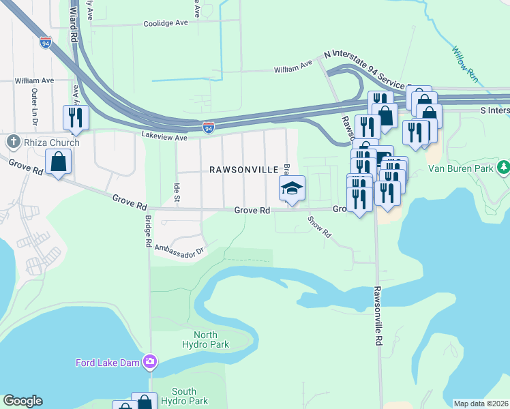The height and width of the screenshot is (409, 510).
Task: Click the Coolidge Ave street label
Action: pyautogui.click(x=165, y=23)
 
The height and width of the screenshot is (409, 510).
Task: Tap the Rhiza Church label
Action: pyautogui.click(x=51, y=142)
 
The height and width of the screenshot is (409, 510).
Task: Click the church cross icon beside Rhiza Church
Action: pyautogui.click(x=13, y=142)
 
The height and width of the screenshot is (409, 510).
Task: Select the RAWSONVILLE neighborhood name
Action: pyautogui.click(x=243, y=169)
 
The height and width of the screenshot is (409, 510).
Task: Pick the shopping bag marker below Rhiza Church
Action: pyautogui.click(x=59, y=162)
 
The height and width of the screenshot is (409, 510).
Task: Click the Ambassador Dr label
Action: pyautogui.click(x=179, y=249)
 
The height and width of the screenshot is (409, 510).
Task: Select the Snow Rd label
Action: pyautogui.click(x=319, y=227)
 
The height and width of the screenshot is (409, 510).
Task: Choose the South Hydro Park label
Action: pyautogui.click(x=184, y=396)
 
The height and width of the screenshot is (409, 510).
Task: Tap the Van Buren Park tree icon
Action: pyautogui.click(x=503, y=167)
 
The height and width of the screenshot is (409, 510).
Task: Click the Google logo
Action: pyautogui.click(x=22, y=401)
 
